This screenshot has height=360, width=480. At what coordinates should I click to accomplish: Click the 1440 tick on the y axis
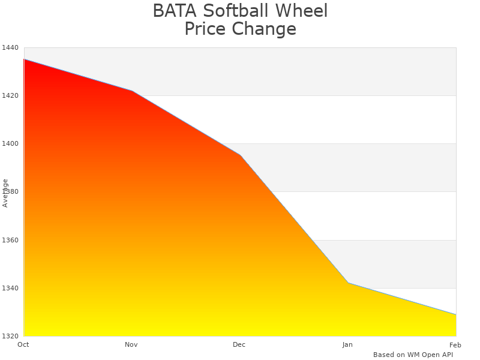[x=10, y=47]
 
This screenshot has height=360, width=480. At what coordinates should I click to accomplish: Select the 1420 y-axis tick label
[x=10, y=95]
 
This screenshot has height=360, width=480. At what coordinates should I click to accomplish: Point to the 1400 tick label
[x=10, y=143]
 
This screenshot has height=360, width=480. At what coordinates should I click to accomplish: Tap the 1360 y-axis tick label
[x=10, y=240]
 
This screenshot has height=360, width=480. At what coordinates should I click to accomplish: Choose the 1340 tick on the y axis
[x=10, y=288]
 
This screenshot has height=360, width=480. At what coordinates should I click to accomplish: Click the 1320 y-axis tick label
[x=10, y=336]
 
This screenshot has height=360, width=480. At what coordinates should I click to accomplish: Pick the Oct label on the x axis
[x=23, y=345]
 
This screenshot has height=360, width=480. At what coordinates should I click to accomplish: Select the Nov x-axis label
[x=131, y=345]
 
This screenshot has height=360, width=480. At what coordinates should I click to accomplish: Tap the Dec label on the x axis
[x=239, y=345]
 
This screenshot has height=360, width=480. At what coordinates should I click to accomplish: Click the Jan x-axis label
[x=347, y=345]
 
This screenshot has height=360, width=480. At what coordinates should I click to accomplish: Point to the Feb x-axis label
[x=455, y=345]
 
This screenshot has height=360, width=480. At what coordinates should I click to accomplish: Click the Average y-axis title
[x=5, y=193]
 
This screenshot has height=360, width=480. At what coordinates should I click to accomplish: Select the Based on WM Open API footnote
[x=413, y=355]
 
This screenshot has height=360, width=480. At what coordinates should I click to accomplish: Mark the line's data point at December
[x=240, y=155]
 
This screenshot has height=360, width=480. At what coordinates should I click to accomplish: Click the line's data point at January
[x=348, y=283]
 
